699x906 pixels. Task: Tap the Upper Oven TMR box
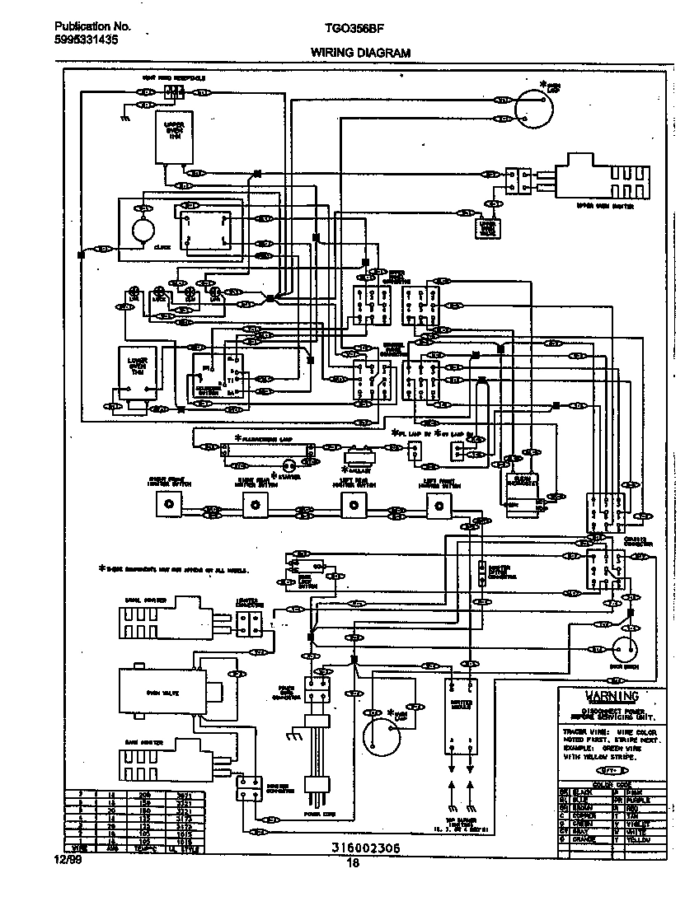[x=175, y=136]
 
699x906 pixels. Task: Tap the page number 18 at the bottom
[x=353, y=863]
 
